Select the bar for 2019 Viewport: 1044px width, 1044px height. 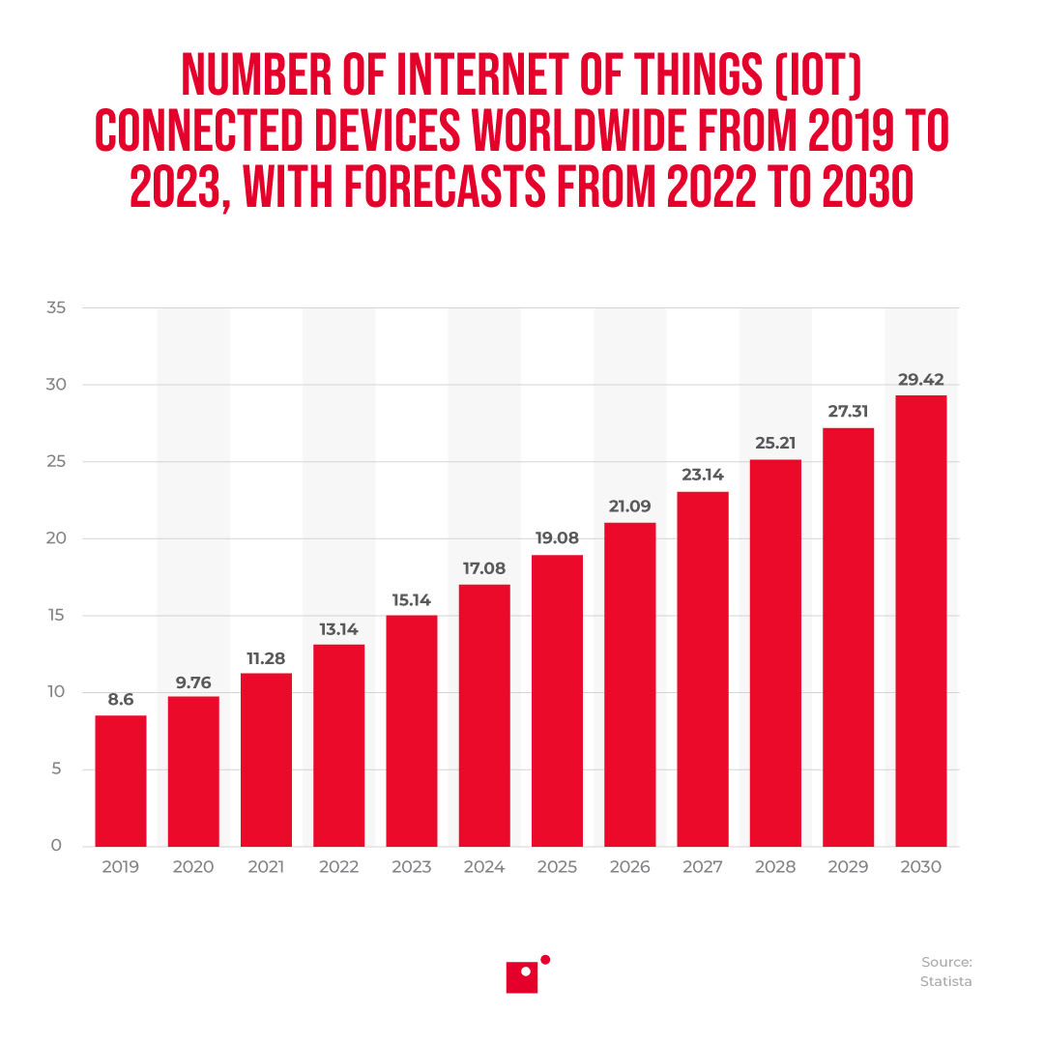tap(121, 781)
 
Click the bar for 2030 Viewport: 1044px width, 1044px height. tap(920, 621)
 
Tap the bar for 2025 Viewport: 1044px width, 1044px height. tap(557, 701)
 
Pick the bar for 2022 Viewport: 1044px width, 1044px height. tap(338, 745)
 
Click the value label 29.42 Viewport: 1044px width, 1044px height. tap(920, 380)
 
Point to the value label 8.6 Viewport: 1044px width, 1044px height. tap(121, 700)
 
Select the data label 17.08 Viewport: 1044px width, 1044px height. tap(484, 568)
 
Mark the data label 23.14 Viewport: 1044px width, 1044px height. tap(703, 476)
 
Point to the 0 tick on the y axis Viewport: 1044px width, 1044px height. tap(56, 846)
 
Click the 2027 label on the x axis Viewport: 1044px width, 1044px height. tap(703, 867)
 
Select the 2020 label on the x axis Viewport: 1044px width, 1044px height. tap(193, 867)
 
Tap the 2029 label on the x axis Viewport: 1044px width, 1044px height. tap(848, 867)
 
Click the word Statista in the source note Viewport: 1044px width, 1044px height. tap(945, 981)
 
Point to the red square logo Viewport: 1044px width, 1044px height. tap(522, 977)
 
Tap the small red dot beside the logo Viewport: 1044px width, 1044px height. tap(545, 959)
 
